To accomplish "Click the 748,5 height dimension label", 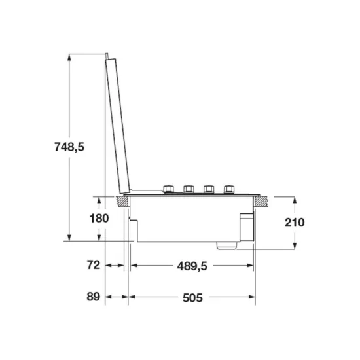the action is [x=69, y=147].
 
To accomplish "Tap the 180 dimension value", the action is [x=99, y=218].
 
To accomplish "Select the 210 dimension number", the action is [x=295, y=223].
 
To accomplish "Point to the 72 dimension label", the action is [x=94, y=265].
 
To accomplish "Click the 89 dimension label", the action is [x=94, y=297].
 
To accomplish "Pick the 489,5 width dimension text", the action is [x=192, y=266].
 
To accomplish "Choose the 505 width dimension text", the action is [x=192, y=298].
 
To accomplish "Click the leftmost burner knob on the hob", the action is [x=168, y=189].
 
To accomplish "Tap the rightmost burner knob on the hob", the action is [x=229, y=189].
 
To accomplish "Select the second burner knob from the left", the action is [x=189, y=189].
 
